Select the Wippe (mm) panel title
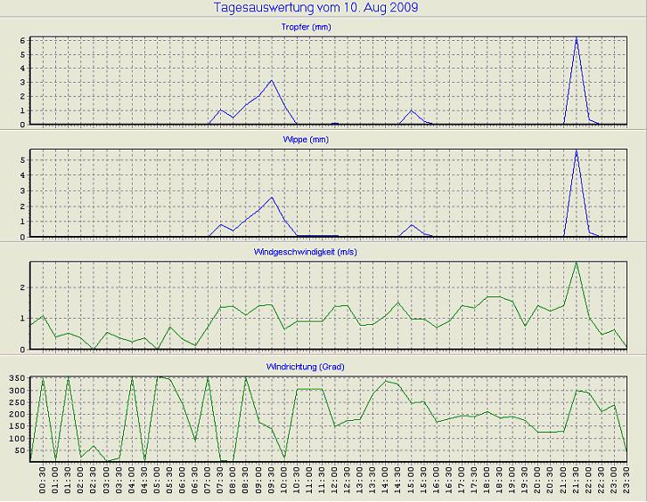tap(328, 140)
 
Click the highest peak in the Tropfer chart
tap(577, 38)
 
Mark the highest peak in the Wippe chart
tap(577, 151)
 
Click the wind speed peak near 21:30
tap(577, 263)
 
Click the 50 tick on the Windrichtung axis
tap(19, 451)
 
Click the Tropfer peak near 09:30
tap(272, 81)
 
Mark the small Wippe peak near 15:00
tap(412, 224)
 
